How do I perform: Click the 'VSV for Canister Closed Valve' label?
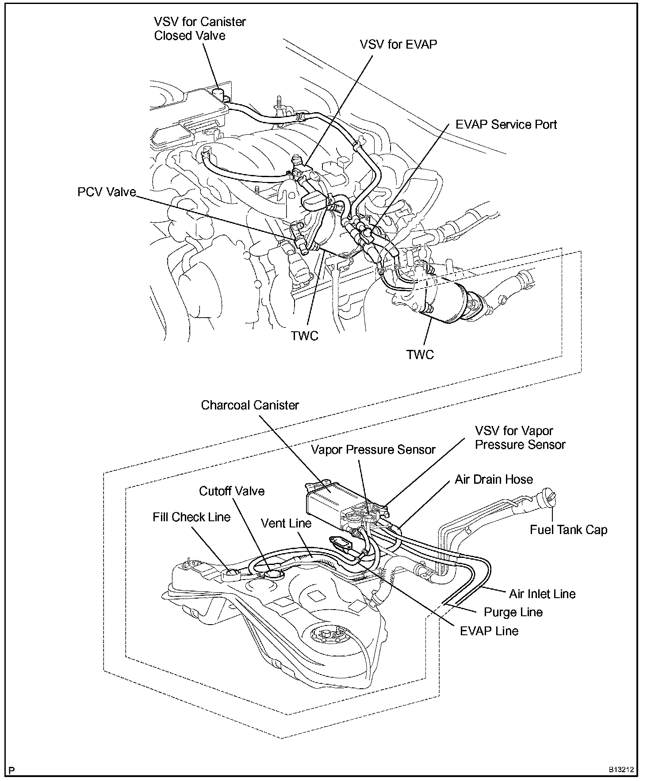point(199,29)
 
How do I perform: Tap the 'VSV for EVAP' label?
point(398,45)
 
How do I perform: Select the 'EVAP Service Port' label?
point(506,125)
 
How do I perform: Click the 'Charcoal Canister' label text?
point(250,406)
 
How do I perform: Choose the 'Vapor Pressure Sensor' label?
point(373,450)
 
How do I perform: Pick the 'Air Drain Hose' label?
point(494,479)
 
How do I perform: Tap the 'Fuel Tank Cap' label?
point(568,530)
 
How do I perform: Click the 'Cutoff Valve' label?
point(232,491)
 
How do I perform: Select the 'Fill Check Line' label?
point(191,517)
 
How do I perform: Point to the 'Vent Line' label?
point(286,523)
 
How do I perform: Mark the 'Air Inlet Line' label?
point(542,594)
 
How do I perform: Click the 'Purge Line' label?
point(513,612)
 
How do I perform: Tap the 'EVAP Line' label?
point(489,631)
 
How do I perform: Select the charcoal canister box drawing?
point(325,501)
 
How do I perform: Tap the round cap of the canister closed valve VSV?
point(218,93)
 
